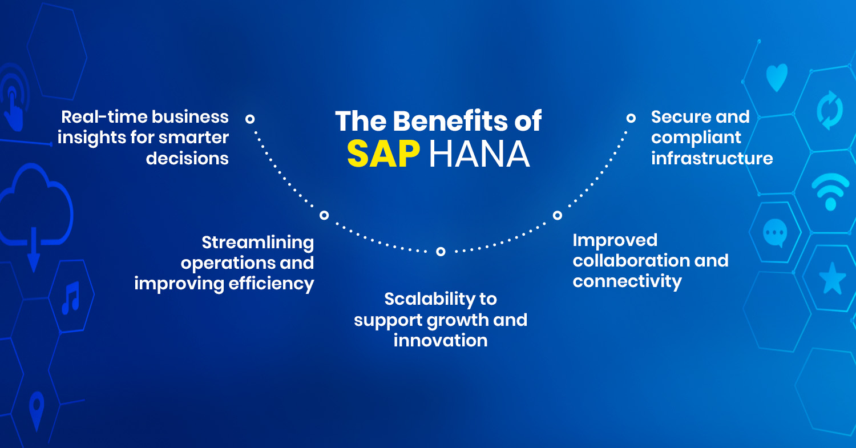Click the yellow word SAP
[383, 154]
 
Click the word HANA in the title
[479, 154]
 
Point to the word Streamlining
[258, 243]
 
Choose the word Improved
[615, 241]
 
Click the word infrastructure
[712, 158]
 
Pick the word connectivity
[627, 282]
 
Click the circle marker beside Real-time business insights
[250, 119]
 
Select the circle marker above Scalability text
[441, 252]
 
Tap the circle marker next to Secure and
[631, 118]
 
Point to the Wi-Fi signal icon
[830, 192]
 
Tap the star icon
[832, 279]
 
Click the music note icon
[71, 298]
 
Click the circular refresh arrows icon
[830, 110]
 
